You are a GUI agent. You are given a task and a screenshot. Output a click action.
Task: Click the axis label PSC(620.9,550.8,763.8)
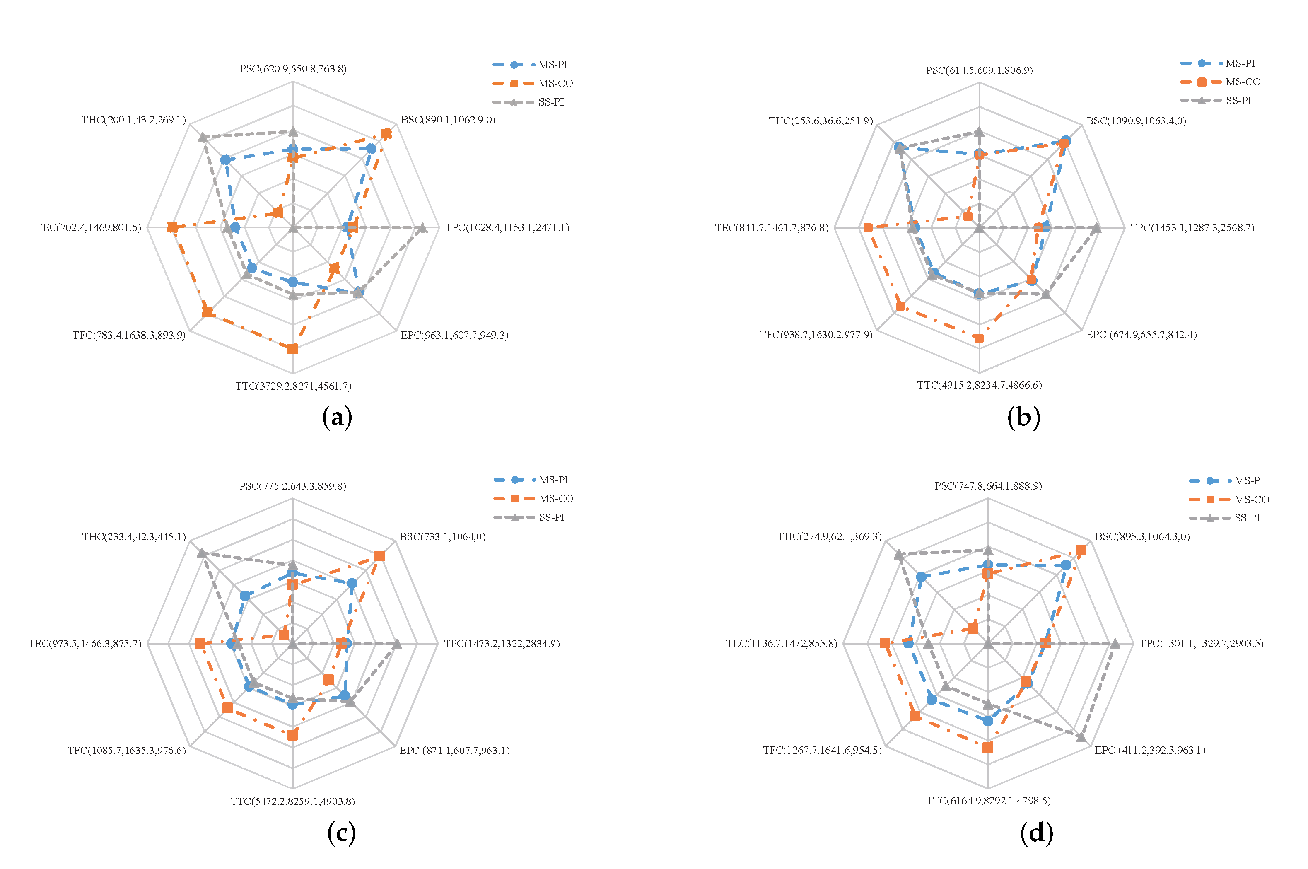coord(293,69)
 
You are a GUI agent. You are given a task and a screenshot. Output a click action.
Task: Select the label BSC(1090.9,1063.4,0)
coord(1136,121)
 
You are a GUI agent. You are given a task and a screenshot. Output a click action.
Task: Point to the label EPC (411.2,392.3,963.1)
coord(1149,751)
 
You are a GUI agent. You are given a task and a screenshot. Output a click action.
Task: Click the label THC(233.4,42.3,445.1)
coord(134,536)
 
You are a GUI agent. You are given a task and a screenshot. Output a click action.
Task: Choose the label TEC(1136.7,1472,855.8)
coord(782,643)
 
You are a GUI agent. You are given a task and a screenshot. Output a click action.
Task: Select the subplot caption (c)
coord(341,833)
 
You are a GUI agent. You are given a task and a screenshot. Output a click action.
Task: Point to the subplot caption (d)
coord(1036,833)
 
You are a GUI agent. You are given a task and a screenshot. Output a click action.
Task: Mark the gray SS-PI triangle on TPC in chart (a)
coord(422,228)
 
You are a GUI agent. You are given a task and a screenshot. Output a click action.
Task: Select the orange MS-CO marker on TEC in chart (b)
coord(868,228)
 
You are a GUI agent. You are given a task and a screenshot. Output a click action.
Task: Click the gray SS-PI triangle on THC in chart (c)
coord(202,553)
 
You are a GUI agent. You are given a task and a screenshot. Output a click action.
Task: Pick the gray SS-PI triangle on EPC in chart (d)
coord(1080,736)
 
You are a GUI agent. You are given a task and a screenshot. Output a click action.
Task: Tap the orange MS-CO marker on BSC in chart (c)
coord(379,556)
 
